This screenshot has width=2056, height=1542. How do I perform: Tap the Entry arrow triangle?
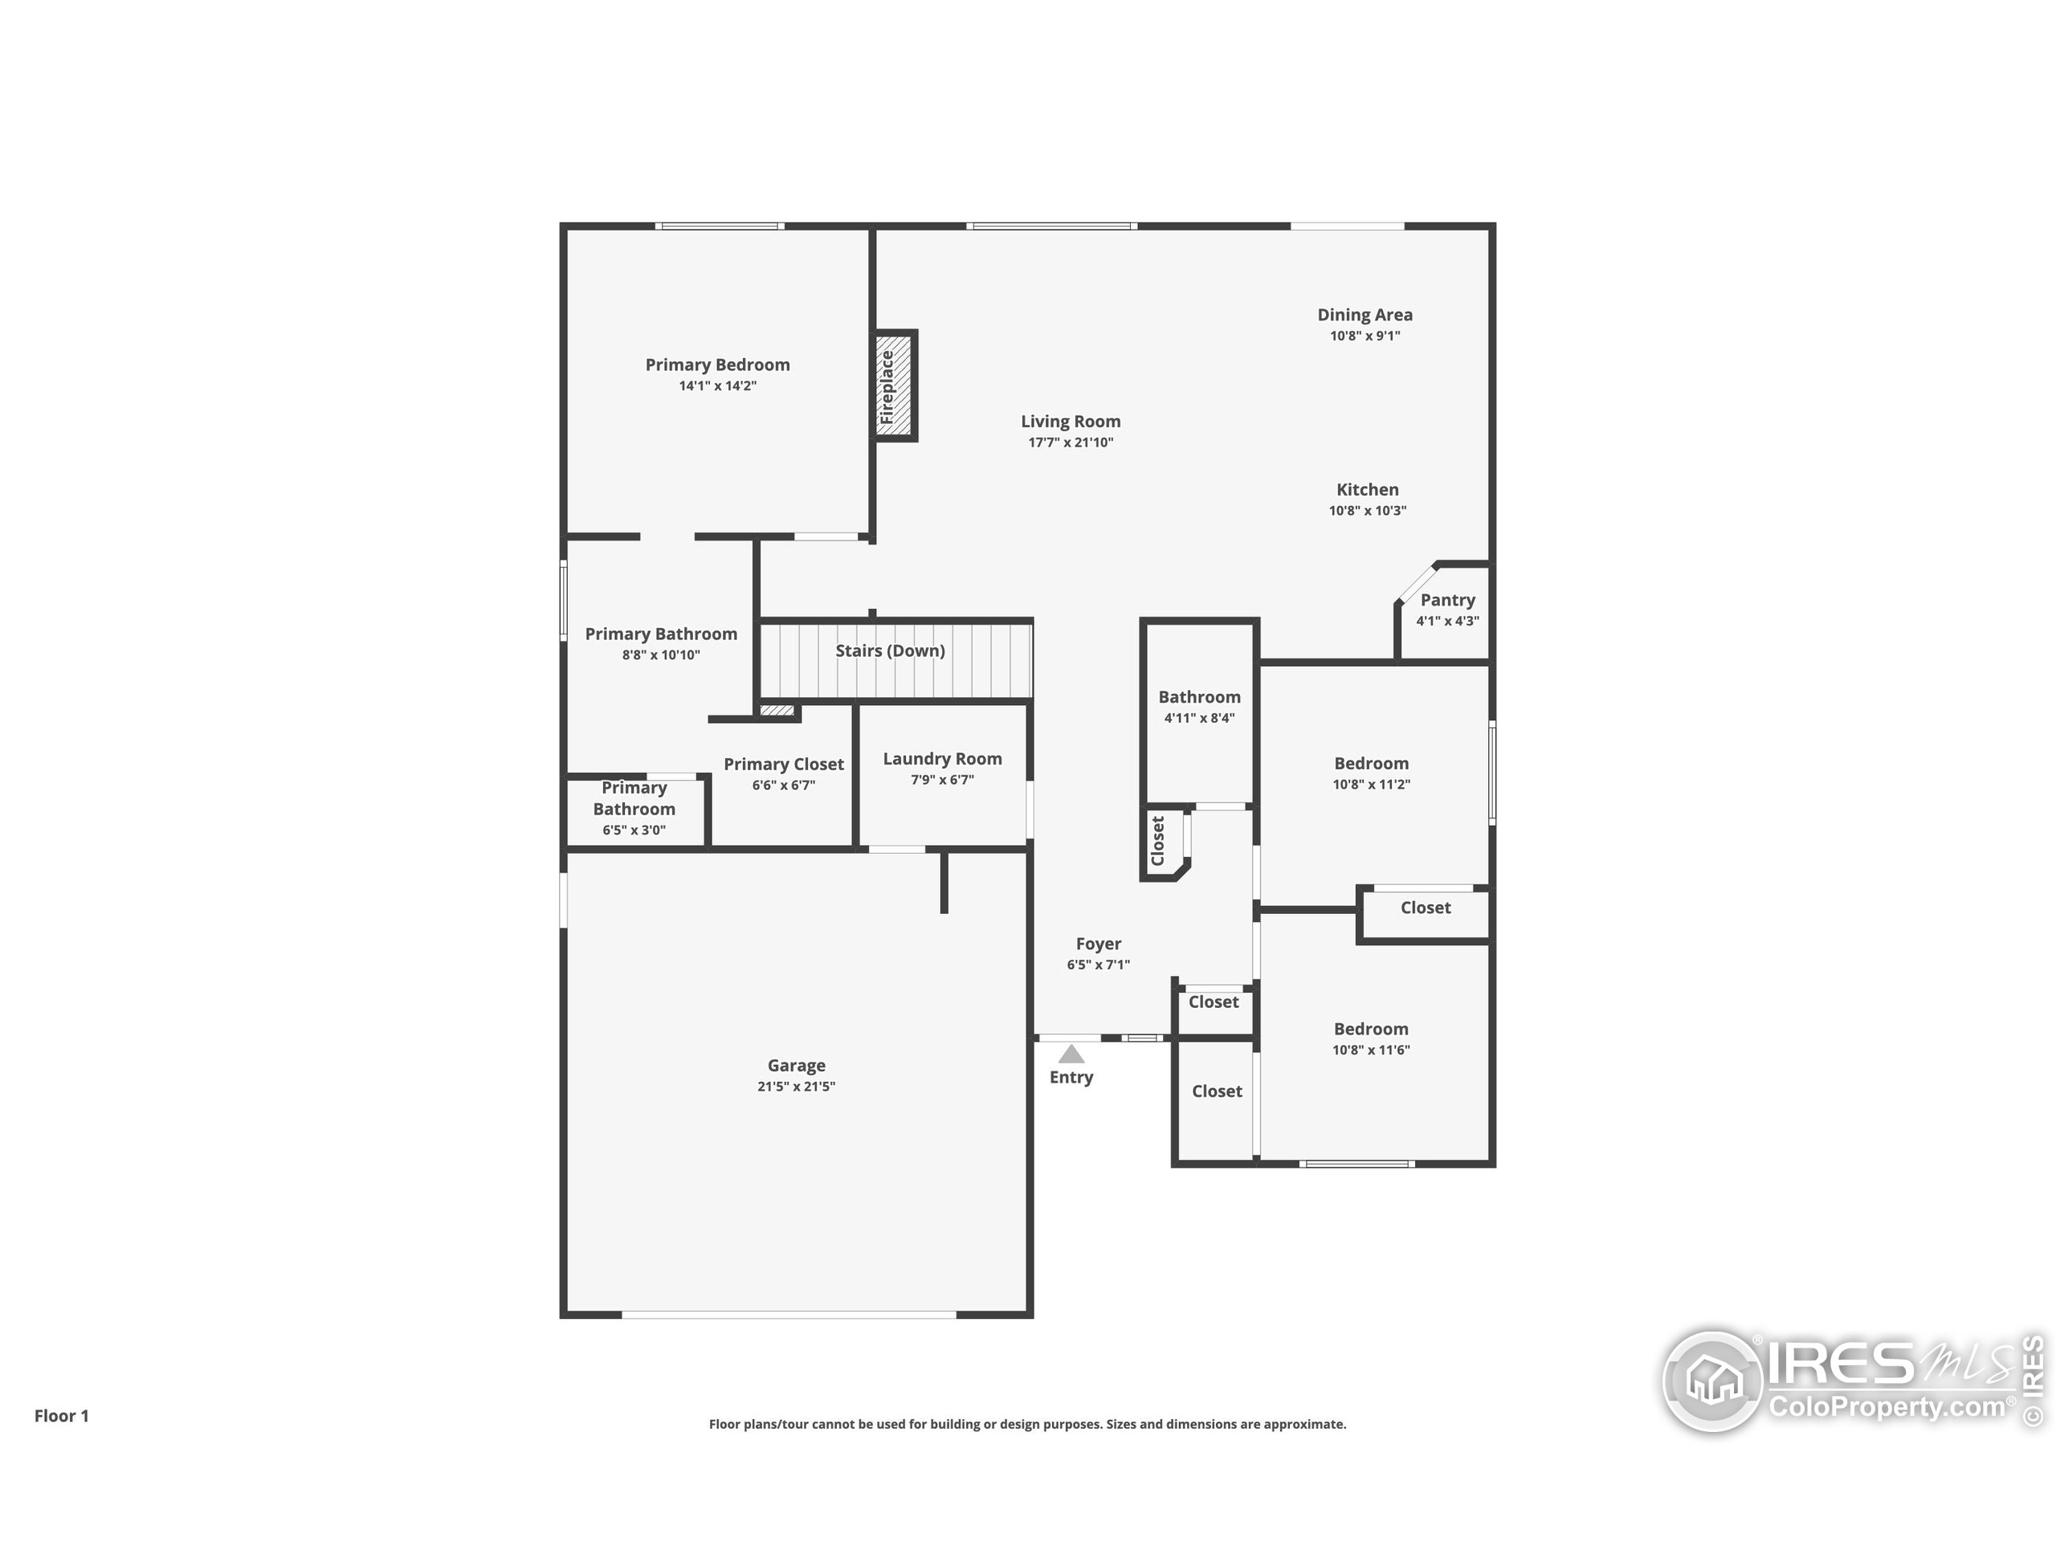[x=1071, y=1054]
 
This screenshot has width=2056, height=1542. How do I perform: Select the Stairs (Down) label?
[x=890, y=651]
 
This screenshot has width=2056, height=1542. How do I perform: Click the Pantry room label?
[x=1447, y=601]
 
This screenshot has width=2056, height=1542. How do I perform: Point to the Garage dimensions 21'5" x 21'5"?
[x=796, y=1087]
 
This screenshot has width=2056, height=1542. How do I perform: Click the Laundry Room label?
[x=941, y=758]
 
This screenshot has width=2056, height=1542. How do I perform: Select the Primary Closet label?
[x=784, y=764]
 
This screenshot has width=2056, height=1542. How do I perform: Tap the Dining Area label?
[x=1365, y=315]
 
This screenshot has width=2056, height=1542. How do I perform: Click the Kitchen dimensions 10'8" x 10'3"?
[x=1367, y=510]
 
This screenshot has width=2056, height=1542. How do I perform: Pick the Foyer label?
[x=1098, y=944]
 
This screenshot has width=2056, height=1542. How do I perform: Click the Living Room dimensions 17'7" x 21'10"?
[x=1070, y=443]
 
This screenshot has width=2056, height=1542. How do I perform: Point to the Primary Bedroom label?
[x=717, y=365]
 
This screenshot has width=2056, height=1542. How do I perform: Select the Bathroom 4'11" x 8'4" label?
[x=1199, y=697]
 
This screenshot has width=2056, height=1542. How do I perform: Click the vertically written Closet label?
[x=1158, y=841]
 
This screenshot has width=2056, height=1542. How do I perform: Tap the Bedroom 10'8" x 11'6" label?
[x=1371, y=1029]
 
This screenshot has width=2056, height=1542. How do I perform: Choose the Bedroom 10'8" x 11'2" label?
[x=1371, y=763]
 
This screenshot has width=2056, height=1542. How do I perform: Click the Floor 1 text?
[x=61, y=1416]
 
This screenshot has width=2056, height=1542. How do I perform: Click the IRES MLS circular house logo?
[x=1712, y=1381]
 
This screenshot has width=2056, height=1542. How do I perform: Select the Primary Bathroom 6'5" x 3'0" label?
[x=634, y=798]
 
